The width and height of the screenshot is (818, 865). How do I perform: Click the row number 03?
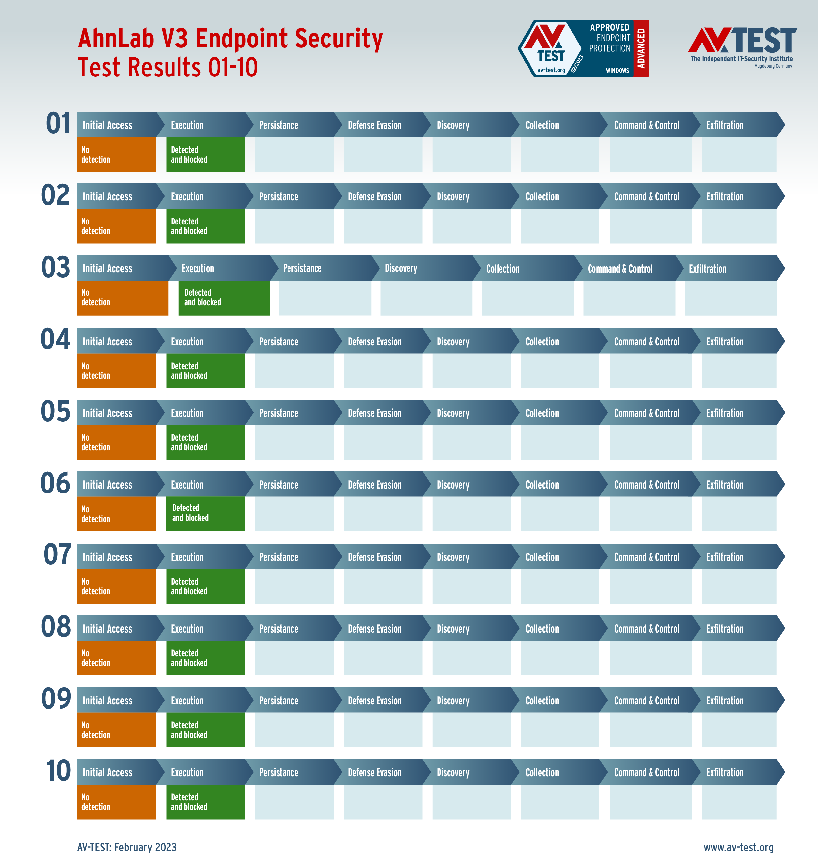pos(55,267)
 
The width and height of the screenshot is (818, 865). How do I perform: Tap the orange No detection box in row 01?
pos(116,154)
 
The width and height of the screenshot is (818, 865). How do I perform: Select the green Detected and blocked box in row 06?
pos(205,514)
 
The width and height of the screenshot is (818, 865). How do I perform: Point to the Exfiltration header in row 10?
pos(725,772)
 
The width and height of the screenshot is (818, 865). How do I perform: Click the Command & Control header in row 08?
pos(646,628)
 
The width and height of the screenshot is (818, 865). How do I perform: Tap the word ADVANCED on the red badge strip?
pos(641,48)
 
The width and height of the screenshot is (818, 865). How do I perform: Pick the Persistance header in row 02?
pos(279,196)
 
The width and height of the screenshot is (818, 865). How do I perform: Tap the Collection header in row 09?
pos(542,700)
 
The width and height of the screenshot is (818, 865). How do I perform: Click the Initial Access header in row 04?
pos(107,342)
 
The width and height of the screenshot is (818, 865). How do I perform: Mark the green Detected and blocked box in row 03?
pos(224,298)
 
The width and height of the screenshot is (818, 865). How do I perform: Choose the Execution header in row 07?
pos(187,557)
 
